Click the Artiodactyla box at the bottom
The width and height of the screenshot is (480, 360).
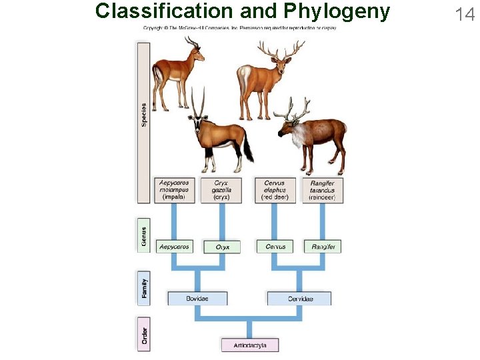click(x=250, y=345)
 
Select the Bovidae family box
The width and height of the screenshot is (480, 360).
click(x=197, y=299)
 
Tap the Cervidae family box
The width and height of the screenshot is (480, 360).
click(x=299, y=299)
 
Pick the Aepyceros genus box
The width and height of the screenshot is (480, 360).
click(x=174, y=247)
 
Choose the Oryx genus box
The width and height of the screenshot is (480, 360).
click(x=222, y=247)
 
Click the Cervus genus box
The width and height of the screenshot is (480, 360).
click(x=275, y=247)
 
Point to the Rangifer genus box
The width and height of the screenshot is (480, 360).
click(x=323, y=247)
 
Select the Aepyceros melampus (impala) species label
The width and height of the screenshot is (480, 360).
click(x=174, y=190)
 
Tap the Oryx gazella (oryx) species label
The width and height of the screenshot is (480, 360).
click(x=222, y=190)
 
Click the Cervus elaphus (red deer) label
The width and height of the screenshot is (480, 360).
click(x=275, y=190)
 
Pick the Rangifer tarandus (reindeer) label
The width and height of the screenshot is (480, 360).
click(x=323, y=190)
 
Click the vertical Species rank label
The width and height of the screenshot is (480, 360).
click(x=143, y=115)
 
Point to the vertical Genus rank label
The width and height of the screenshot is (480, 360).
click(x=143, y=235)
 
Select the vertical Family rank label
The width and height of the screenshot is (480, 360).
click(x=143, y=288)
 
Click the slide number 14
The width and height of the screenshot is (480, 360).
click(x=464, y=13)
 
